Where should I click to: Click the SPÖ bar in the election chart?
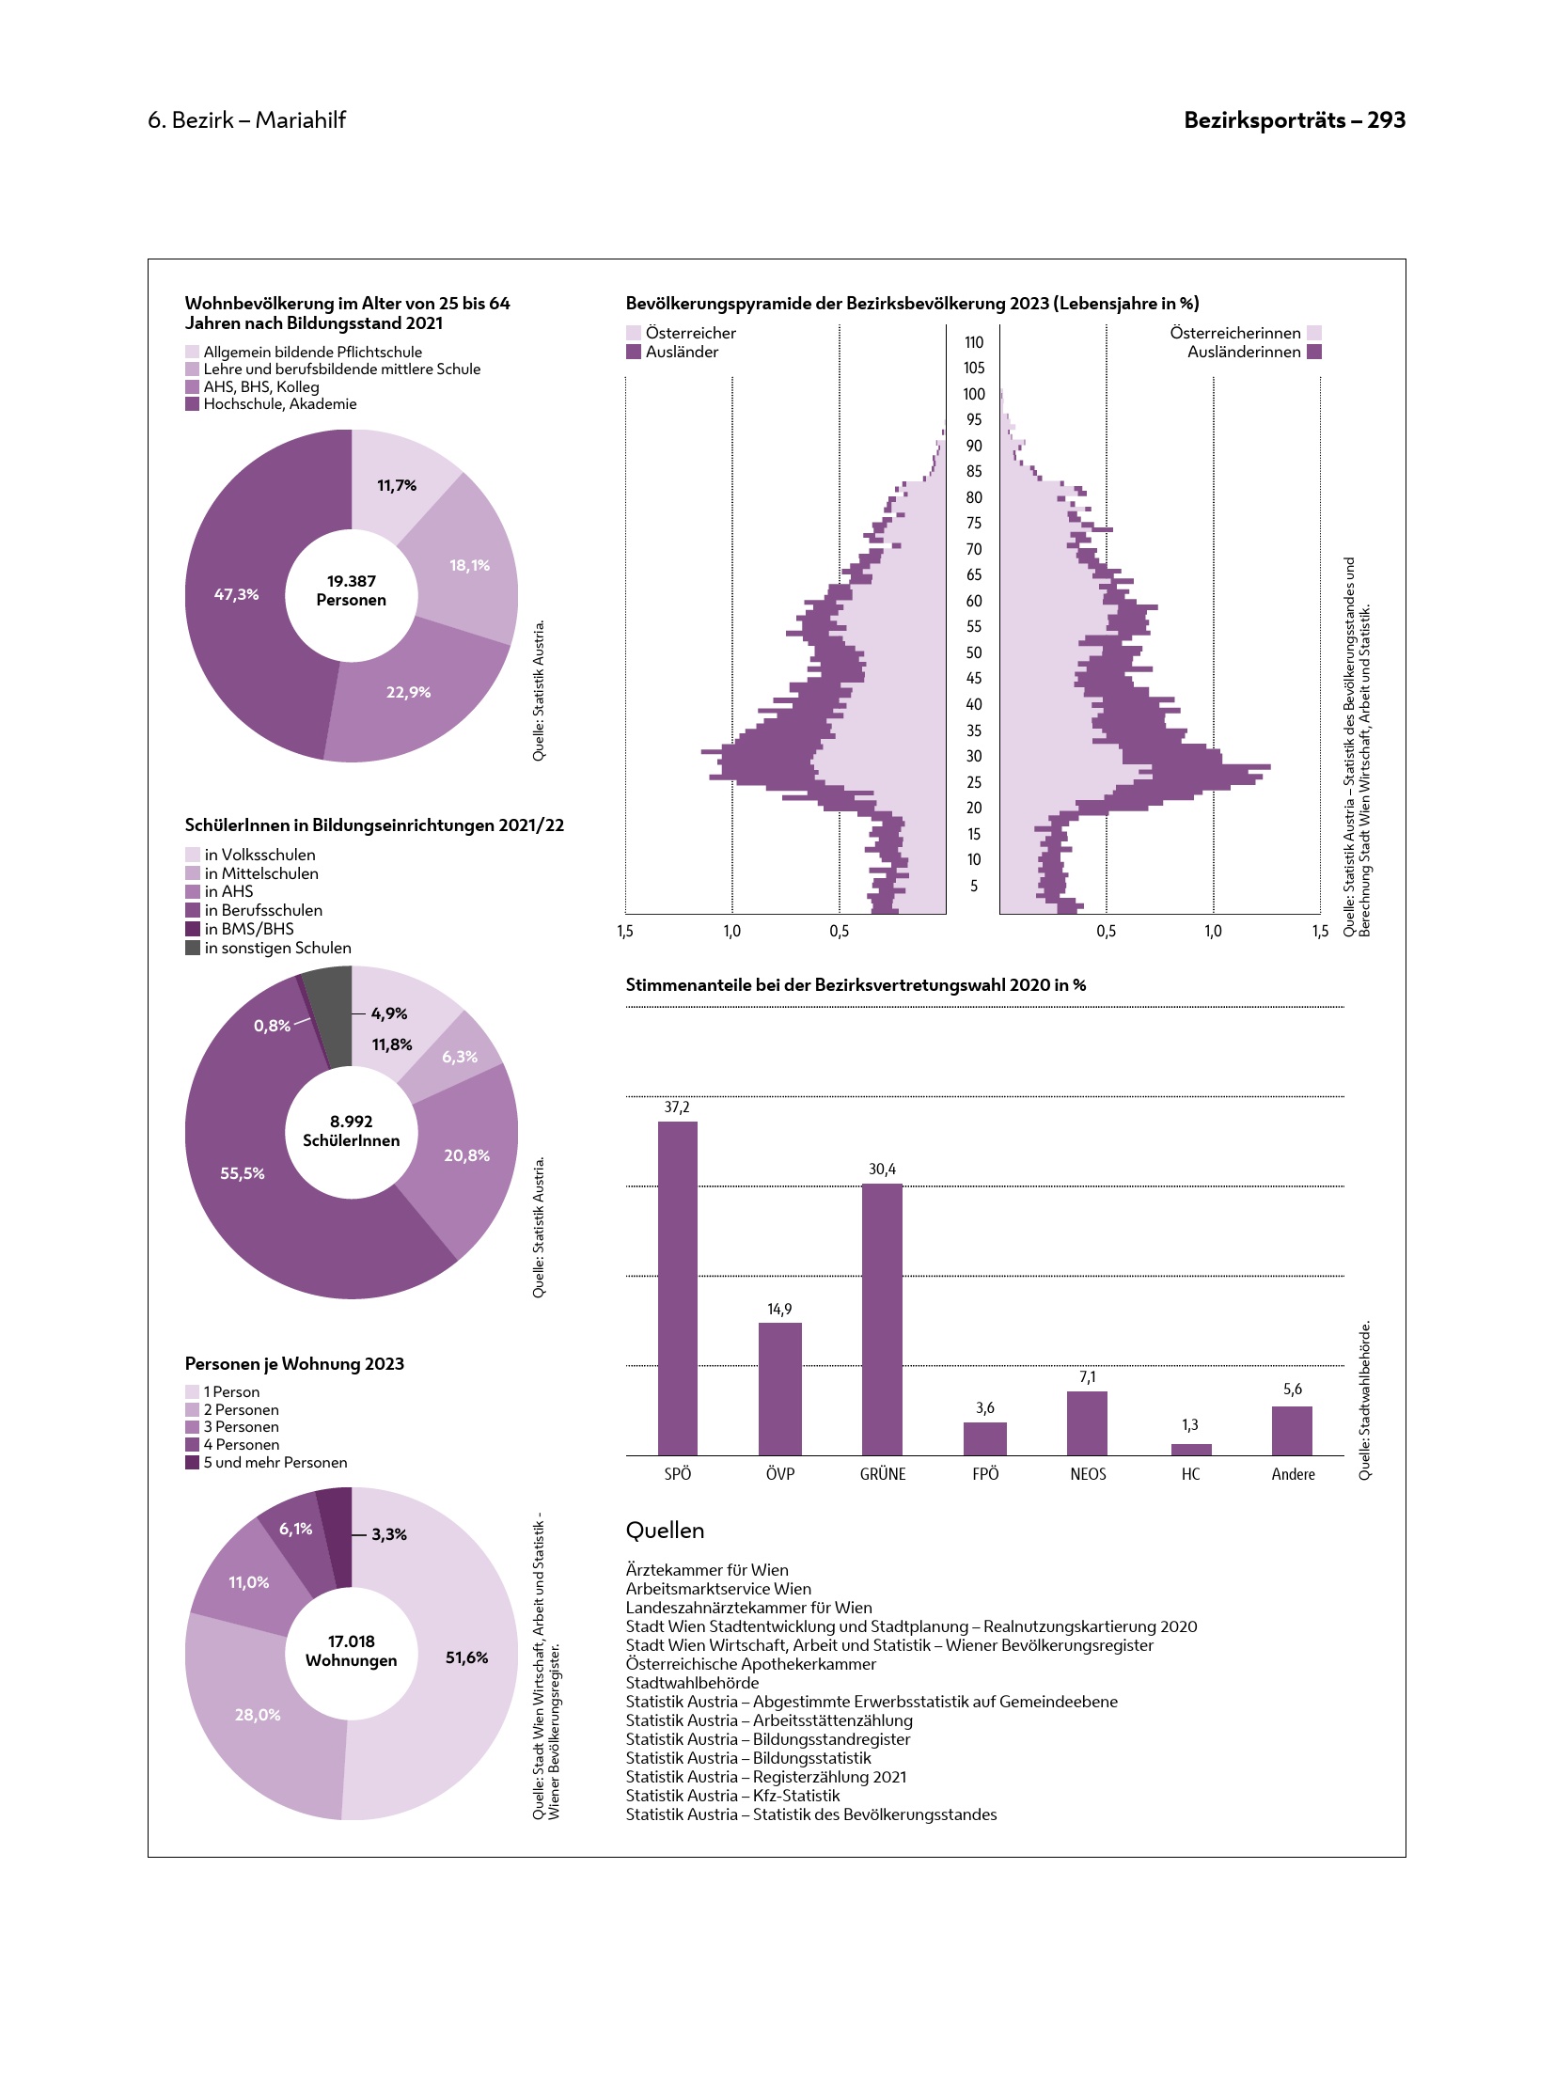pos(677,1288)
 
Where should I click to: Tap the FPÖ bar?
pos(984,1438)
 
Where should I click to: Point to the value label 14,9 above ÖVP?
pos(779,1309)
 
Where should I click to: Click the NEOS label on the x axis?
pos(1088,1474)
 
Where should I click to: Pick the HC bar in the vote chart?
pos(1191,1450)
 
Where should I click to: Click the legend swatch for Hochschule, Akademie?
pos(193,404)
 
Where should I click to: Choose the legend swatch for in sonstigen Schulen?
pos(193,948)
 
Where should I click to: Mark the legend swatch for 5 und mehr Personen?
pos(193,1463)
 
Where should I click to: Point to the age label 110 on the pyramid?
pos(974,342)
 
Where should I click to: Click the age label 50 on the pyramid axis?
pos(974,652)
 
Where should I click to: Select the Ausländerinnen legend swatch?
pos(1314,352)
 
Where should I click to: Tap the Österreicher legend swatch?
pos(634,333)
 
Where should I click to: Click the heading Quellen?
pos(665,1531)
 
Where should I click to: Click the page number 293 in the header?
pos(1386,120)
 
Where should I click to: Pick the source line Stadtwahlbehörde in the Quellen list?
pos(692,1683)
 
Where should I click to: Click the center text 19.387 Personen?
pos(351,590)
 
